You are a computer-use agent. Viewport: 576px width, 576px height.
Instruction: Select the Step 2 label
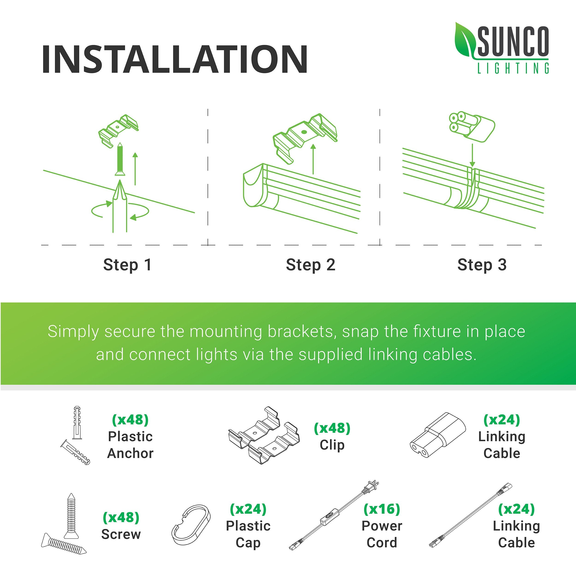(311, 265)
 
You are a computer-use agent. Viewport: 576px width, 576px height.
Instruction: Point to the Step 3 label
(482, 265)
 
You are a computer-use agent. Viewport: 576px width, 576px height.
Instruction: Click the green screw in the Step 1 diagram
(120, 159)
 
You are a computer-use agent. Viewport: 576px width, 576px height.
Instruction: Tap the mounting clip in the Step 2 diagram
(305, 138)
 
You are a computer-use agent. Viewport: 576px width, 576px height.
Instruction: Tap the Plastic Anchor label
(130, 445)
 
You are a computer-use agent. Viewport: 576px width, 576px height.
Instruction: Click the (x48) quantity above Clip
(332, 428)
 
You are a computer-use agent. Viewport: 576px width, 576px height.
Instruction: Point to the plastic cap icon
(191, 524)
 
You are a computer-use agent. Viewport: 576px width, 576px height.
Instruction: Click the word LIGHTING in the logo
(513, 68)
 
